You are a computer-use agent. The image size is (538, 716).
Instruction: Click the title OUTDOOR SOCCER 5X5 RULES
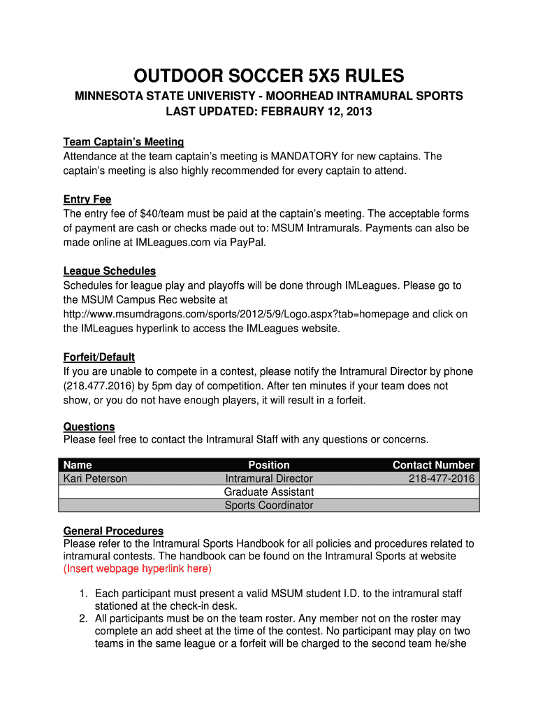(x=269, y=76)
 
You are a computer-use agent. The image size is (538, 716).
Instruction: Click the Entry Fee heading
(x=87, y=200)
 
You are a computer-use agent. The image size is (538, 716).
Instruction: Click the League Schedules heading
(x=109, y=271)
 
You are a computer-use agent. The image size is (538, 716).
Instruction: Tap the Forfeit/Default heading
(x=99, y=357)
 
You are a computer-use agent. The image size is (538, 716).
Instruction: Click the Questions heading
(x=89, y=427)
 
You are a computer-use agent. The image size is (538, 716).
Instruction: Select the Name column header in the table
(x=78, y=465)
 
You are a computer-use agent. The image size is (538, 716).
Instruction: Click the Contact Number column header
(x=433, y=465)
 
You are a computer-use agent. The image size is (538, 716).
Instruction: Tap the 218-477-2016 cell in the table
(x=441, y=479)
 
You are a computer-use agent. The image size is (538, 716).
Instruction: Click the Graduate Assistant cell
(x=269, y=492)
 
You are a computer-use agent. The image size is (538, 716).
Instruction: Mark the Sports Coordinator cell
(x=269, y=506)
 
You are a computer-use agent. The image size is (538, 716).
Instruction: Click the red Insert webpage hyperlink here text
(x=137, y=569)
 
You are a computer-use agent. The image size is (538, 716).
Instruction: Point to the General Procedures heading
(x=113, y=531)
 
